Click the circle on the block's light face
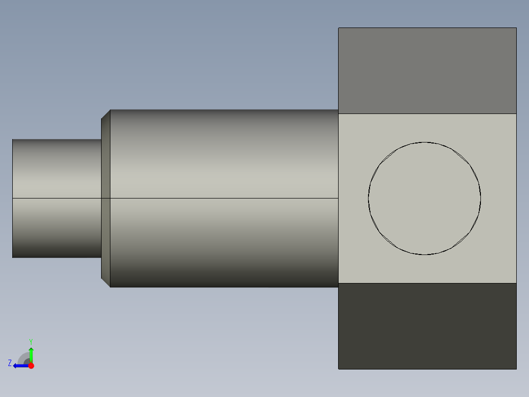pos(424,198)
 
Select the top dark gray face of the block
pos(427,71)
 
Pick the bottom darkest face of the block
pos(427,326)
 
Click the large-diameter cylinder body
pos(224,157)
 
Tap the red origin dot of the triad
pos(31,366)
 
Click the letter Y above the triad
pos(31,341)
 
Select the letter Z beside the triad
pos(10,363)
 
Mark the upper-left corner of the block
pos(339,28)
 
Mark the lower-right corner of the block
pos(516,369)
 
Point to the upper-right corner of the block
pos(516,28)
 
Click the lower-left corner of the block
pos(339,369)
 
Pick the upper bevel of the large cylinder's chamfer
pos(106,114)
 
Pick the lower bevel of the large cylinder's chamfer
pos(106,283)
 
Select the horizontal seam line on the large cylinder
pos(224,198)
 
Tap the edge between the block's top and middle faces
pos(427,113)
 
